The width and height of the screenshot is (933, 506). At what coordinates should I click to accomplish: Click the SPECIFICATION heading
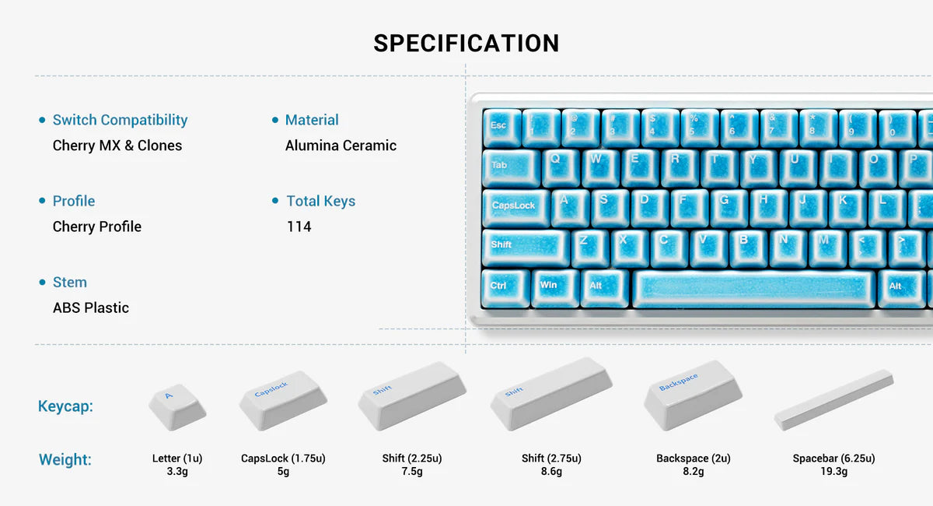(x=466, y=44)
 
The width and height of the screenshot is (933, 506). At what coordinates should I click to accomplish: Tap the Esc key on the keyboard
(x=501, y=127)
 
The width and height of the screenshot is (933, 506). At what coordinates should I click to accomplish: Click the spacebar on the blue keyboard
(x=754, y=288)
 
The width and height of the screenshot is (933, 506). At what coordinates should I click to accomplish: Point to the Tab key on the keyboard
(x=510, y=167)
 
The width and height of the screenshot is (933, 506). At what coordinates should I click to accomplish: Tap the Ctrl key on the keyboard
(x=505, y=287)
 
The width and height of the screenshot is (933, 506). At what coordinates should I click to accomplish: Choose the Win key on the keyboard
(x=554, y=287)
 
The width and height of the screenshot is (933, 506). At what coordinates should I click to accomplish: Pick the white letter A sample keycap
(x=176, y=404)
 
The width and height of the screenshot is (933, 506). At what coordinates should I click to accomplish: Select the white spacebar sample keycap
(x=833, y=399)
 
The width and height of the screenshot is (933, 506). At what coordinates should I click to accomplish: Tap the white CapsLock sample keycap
(x=281, y=399)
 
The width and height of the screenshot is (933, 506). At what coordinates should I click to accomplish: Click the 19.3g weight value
(x=833, y=472)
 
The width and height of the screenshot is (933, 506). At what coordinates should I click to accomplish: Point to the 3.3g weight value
(x=177, y=472)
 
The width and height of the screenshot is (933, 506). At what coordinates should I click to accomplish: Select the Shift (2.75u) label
(x=551, y=459)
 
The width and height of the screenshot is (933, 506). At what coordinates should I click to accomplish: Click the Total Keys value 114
(x=299, y=227)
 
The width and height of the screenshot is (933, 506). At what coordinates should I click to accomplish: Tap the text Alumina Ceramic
(x=341, y=146)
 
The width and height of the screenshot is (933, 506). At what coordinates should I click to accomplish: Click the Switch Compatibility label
(x=120, y=120)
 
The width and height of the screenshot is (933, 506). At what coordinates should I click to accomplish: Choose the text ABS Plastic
(x=91, y=307)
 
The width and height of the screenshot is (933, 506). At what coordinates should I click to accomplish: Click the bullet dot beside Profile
(x=42, y=201)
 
